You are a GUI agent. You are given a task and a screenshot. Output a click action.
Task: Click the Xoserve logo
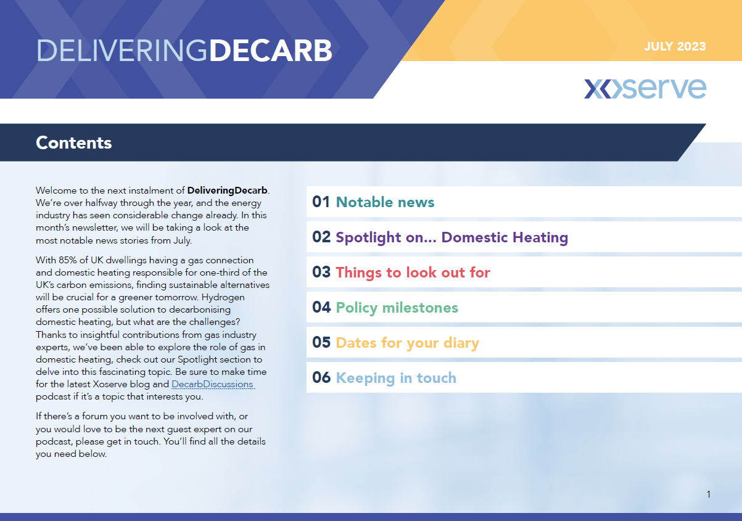pyautogui.click(x=645, y=88)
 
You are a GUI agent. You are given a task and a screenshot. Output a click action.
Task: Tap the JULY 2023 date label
pyautogui.click(x=675, y=46)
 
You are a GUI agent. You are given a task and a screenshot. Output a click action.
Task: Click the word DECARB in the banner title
pyautogui.click(x=271, y=51)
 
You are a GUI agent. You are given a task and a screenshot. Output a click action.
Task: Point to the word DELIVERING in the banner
pyautogui.click(x=122, y=51)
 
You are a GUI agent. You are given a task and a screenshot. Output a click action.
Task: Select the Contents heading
pyautogui.click(x=74, y=143)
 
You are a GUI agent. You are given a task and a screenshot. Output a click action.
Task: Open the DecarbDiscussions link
pyautogui.click(x=213, y=384)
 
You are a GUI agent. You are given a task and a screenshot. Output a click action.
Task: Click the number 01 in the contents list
pyautogui.click(x=321, y=202)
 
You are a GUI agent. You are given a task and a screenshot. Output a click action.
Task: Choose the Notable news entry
pyautogui.click(x=385, y=202)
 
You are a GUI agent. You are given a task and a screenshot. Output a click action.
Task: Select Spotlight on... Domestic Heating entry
pyautogui.click(x=452, y=237)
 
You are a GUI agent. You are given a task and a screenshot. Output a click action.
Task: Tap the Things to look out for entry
pyautogui.click(x=413, y=273)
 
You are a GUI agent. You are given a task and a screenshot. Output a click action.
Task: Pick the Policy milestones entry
pyautogui.click(x=397, y=308)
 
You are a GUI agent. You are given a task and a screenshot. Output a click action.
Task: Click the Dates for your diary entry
pyautogui.click(x=408, y=343)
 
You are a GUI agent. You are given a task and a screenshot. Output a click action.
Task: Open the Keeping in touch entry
pyautogui.click(x=396, y=378)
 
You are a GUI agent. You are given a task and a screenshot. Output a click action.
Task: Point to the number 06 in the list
pyautogui.click(x=321, y=377)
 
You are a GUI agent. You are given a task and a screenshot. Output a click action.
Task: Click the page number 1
pyautogui.click(x=709, y=494)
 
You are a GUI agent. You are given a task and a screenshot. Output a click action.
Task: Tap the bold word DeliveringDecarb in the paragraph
pyautogui.click(x=227, y=191)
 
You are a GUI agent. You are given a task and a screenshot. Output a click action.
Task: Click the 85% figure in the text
pyautogui.click(x=68, y=260)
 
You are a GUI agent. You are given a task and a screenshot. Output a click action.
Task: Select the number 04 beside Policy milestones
pyautogui.click(x=321, y=308)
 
